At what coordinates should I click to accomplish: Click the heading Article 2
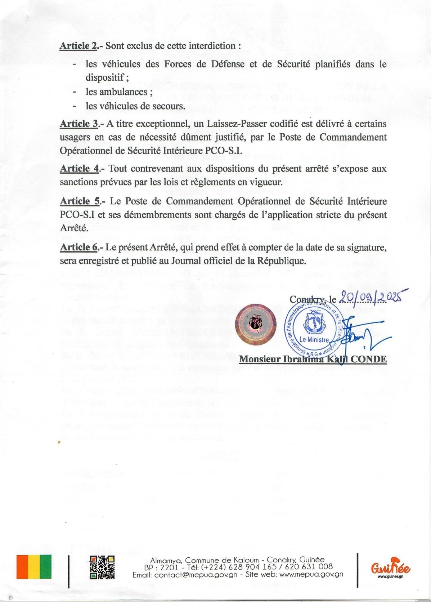(78, 46)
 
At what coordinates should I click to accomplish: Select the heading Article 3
(79, 124)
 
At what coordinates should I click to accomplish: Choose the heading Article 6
(78, 248)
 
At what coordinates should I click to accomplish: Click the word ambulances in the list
(123, 92)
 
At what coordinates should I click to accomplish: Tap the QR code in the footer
(102, 568)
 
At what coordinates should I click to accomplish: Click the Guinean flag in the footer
(34, 567)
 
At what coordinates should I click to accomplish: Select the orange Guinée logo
(390, 567)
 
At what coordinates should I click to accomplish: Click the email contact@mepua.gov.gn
(196, 575)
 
